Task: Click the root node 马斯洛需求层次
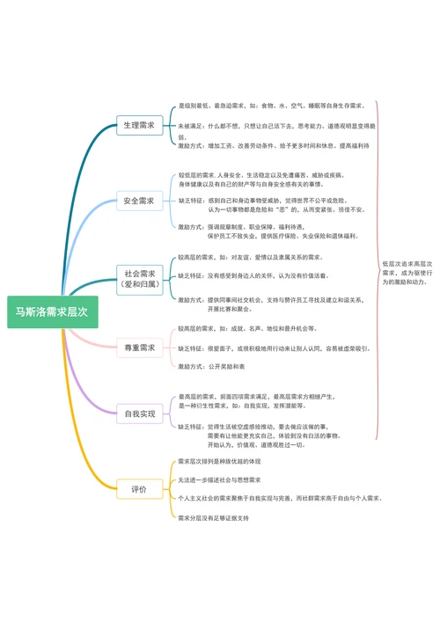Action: (x=52, y=311)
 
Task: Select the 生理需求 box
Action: (x=139, y=126)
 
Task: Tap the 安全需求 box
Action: (x=139, y=201)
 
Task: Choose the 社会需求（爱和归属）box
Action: (x=139, y=279)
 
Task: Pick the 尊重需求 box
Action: (x=139, y=348)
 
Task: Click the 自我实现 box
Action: (x=139, y=413)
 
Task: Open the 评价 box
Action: (x=139, y=487)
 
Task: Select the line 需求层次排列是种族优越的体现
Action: (x=220, y=461)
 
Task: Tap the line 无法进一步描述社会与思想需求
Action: (x=220, y=479)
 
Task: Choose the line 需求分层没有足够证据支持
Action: (x=214, y=517)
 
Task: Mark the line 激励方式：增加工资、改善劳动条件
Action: (x=274, y=146)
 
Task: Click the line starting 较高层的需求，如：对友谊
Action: (x=250, y=257)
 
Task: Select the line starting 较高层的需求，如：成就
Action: (x=247, y=328)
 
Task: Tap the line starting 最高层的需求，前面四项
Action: (x=255, y=397)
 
